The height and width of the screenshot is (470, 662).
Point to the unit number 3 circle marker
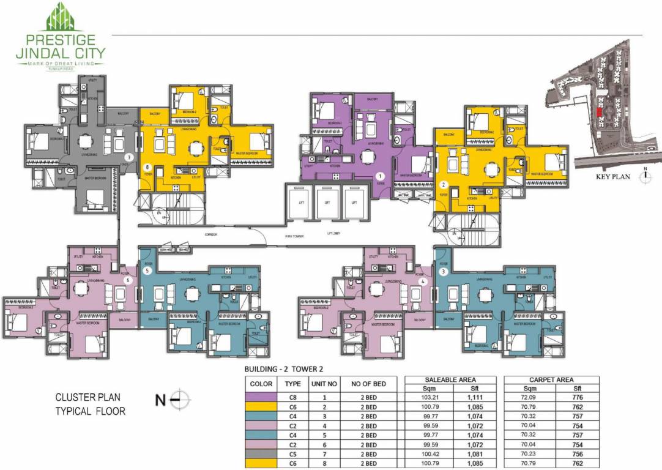444,270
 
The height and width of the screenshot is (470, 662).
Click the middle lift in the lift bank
327,203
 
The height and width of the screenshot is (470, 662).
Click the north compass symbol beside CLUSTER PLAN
180,401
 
